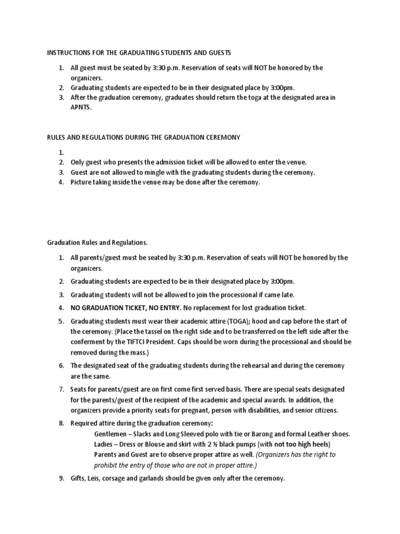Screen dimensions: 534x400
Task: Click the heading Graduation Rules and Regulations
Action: [97, 242]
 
